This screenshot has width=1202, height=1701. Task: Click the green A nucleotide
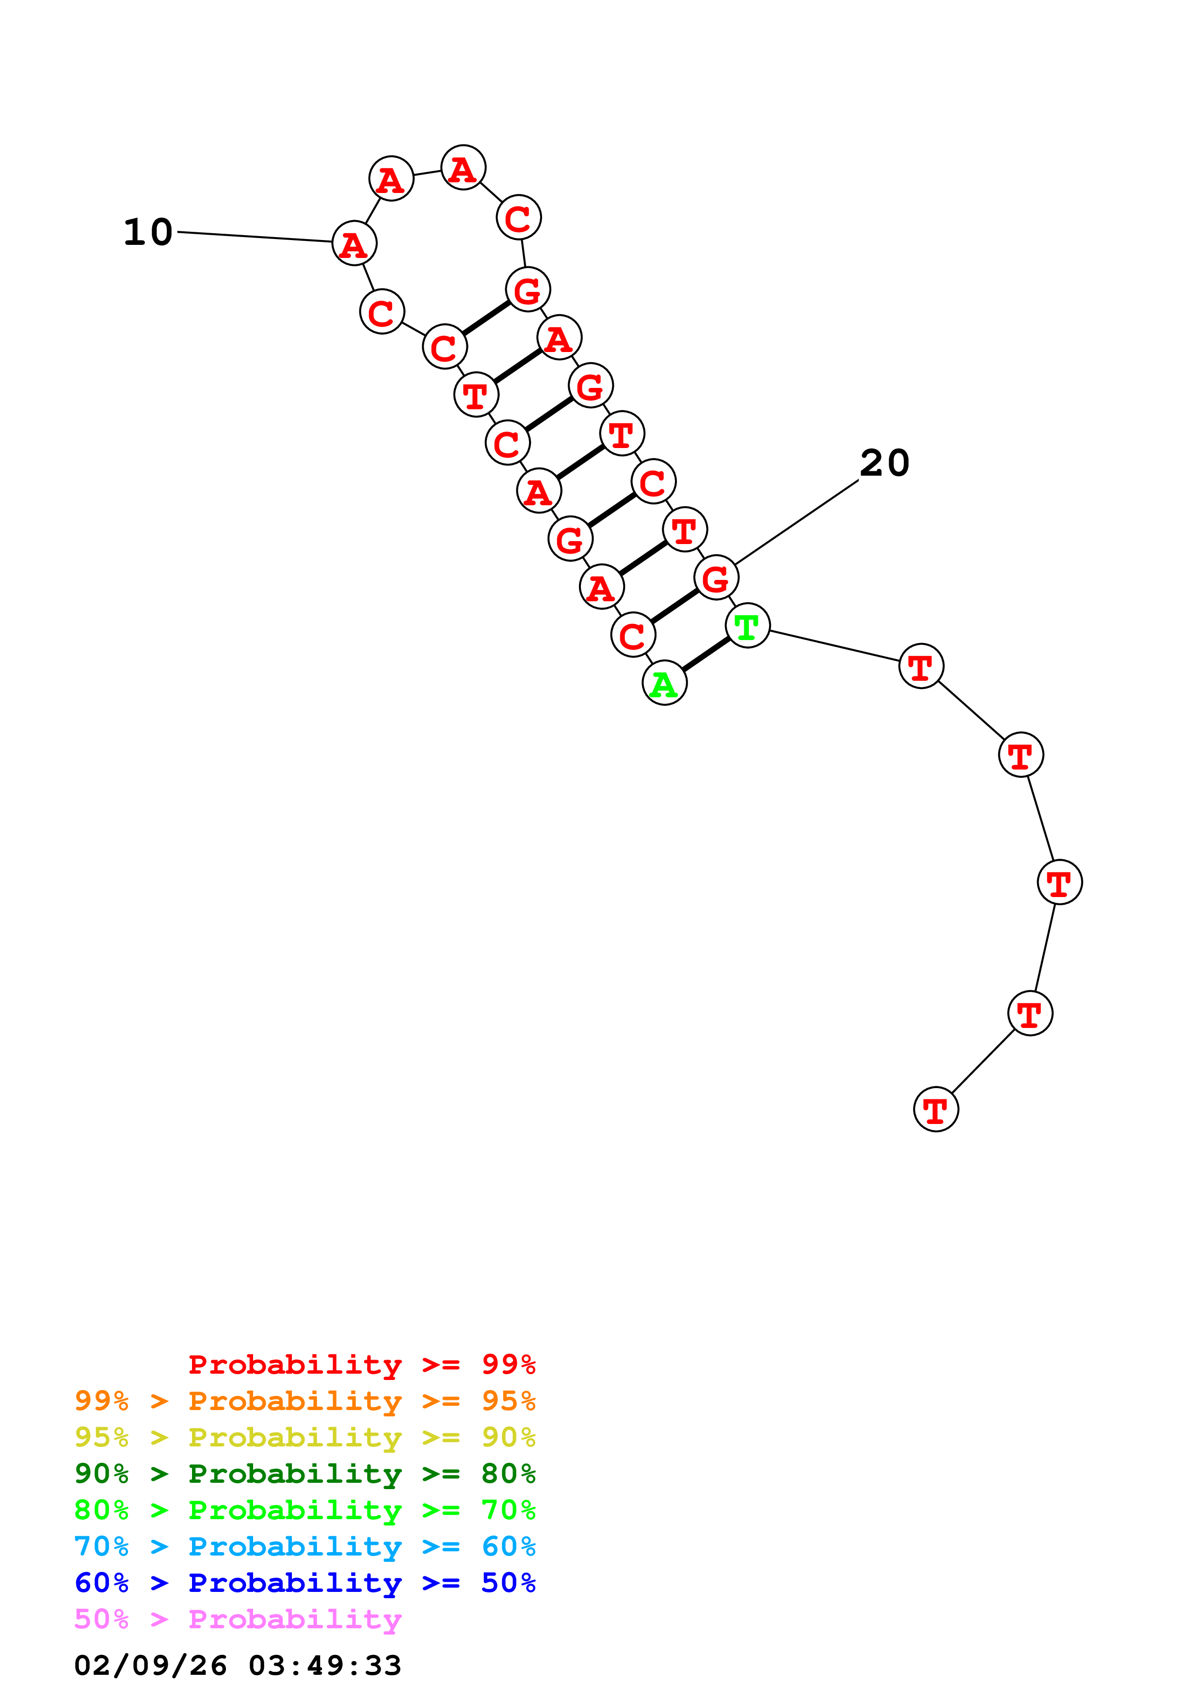point(664,683)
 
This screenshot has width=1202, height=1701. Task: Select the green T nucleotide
point(747,626)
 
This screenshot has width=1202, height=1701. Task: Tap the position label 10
point(148,233)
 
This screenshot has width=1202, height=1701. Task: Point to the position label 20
point(884,463)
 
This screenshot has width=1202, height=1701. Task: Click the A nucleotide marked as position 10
point(354,244)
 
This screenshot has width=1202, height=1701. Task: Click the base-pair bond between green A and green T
point(706,654)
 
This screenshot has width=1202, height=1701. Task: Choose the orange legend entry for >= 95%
point(305,1401)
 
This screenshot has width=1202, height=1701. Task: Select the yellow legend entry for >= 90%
point(305,1437)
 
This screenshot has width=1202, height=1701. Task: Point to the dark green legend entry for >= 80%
point(305,1474)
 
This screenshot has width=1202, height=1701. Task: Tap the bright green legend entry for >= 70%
point(305,1510)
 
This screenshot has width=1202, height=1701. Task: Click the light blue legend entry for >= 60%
point(305,1546)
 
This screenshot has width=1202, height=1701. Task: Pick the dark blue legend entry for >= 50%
point(305,1583)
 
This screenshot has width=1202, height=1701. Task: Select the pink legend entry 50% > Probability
point(238,1619)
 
